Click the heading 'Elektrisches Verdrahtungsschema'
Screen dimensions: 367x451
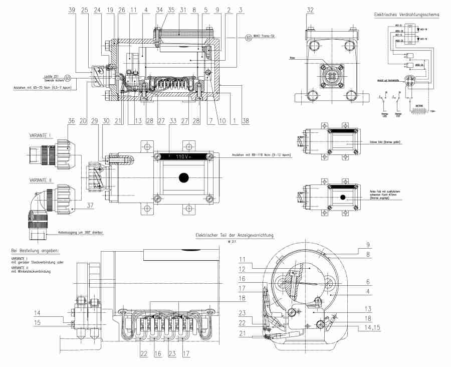pyautogui.click(x=406, y=15)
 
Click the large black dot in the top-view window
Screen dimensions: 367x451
pyautogui.click(x=184, y=177)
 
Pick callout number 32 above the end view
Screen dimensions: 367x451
pyautogui.click(x=311, y=10)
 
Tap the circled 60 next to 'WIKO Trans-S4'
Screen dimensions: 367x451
pyautogui.click(x=249, y=37)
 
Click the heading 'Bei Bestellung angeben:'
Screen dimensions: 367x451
pyautogui.click(x=35, y=250)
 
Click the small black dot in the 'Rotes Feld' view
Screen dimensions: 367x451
pyautogui.click(x=343, y=198)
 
